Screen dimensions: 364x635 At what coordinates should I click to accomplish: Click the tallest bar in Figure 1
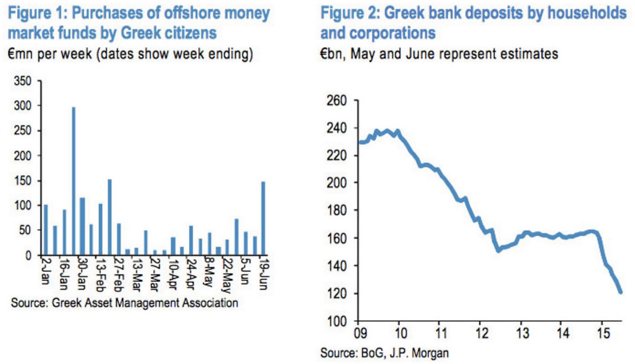point(74,181)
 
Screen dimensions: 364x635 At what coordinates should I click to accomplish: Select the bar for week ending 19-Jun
point(263,218)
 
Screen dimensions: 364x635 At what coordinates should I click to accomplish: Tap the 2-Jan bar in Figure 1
point(46,230)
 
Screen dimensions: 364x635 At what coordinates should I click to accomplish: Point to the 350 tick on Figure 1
point(23,81)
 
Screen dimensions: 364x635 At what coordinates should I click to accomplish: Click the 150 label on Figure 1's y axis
point(23,181)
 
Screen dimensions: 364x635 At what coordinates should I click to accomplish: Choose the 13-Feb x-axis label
point(100,275)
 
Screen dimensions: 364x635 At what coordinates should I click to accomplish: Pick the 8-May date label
point(209,272)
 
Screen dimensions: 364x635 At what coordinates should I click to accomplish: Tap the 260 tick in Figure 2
point(336,101)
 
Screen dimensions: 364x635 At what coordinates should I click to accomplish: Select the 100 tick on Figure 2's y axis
point(336,321)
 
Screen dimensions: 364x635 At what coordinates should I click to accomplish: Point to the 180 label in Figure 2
point(336,210)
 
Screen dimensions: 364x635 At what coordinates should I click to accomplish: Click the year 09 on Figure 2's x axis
point(360,333)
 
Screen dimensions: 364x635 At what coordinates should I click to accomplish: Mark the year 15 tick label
point(603,333)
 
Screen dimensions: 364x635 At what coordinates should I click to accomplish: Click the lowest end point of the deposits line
point(620,292)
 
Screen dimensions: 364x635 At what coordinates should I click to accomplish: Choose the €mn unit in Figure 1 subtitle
point(20,54)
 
